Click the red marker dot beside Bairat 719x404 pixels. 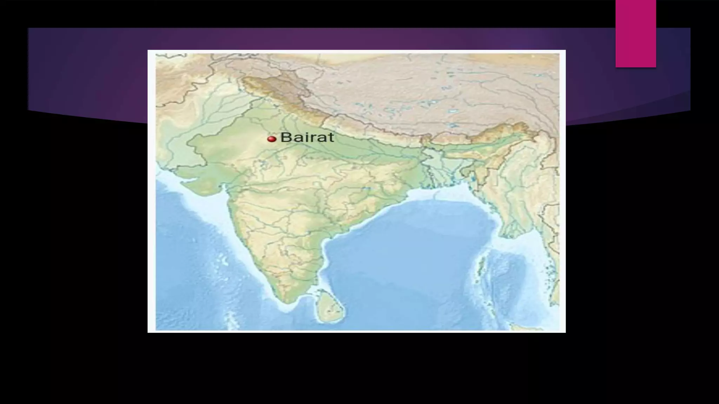click(x=271, y=139)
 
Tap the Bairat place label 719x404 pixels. click(x=307, y=137)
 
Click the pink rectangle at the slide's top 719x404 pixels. click(x=635, y=34)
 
